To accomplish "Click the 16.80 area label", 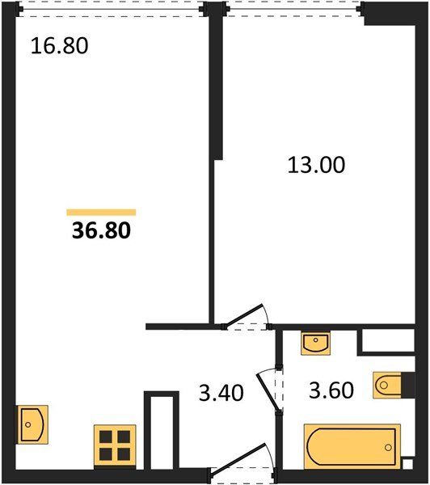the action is pos(59,46).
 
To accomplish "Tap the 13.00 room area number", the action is pos(316,165).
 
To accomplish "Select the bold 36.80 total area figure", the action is pos(102,230).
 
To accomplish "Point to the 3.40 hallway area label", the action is pos(221,393).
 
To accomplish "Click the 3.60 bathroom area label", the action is pos(331,390).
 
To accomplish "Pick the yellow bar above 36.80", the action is pos(101,212).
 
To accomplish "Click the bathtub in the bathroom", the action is pos(352,446).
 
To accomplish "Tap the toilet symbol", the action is pos(387,385).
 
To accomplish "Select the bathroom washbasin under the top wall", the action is pos(315,343).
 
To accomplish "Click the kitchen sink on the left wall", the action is pos(32,424).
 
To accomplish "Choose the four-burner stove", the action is pos(115,445).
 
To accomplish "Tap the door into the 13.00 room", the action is pos(244,315).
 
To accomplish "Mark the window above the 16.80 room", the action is pos(111,9).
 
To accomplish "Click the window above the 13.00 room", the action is pos(293,9).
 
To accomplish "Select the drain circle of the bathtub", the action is pos(388,447).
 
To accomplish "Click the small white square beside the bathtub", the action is pos(407,464).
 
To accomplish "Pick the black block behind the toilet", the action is pos(408,385).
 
